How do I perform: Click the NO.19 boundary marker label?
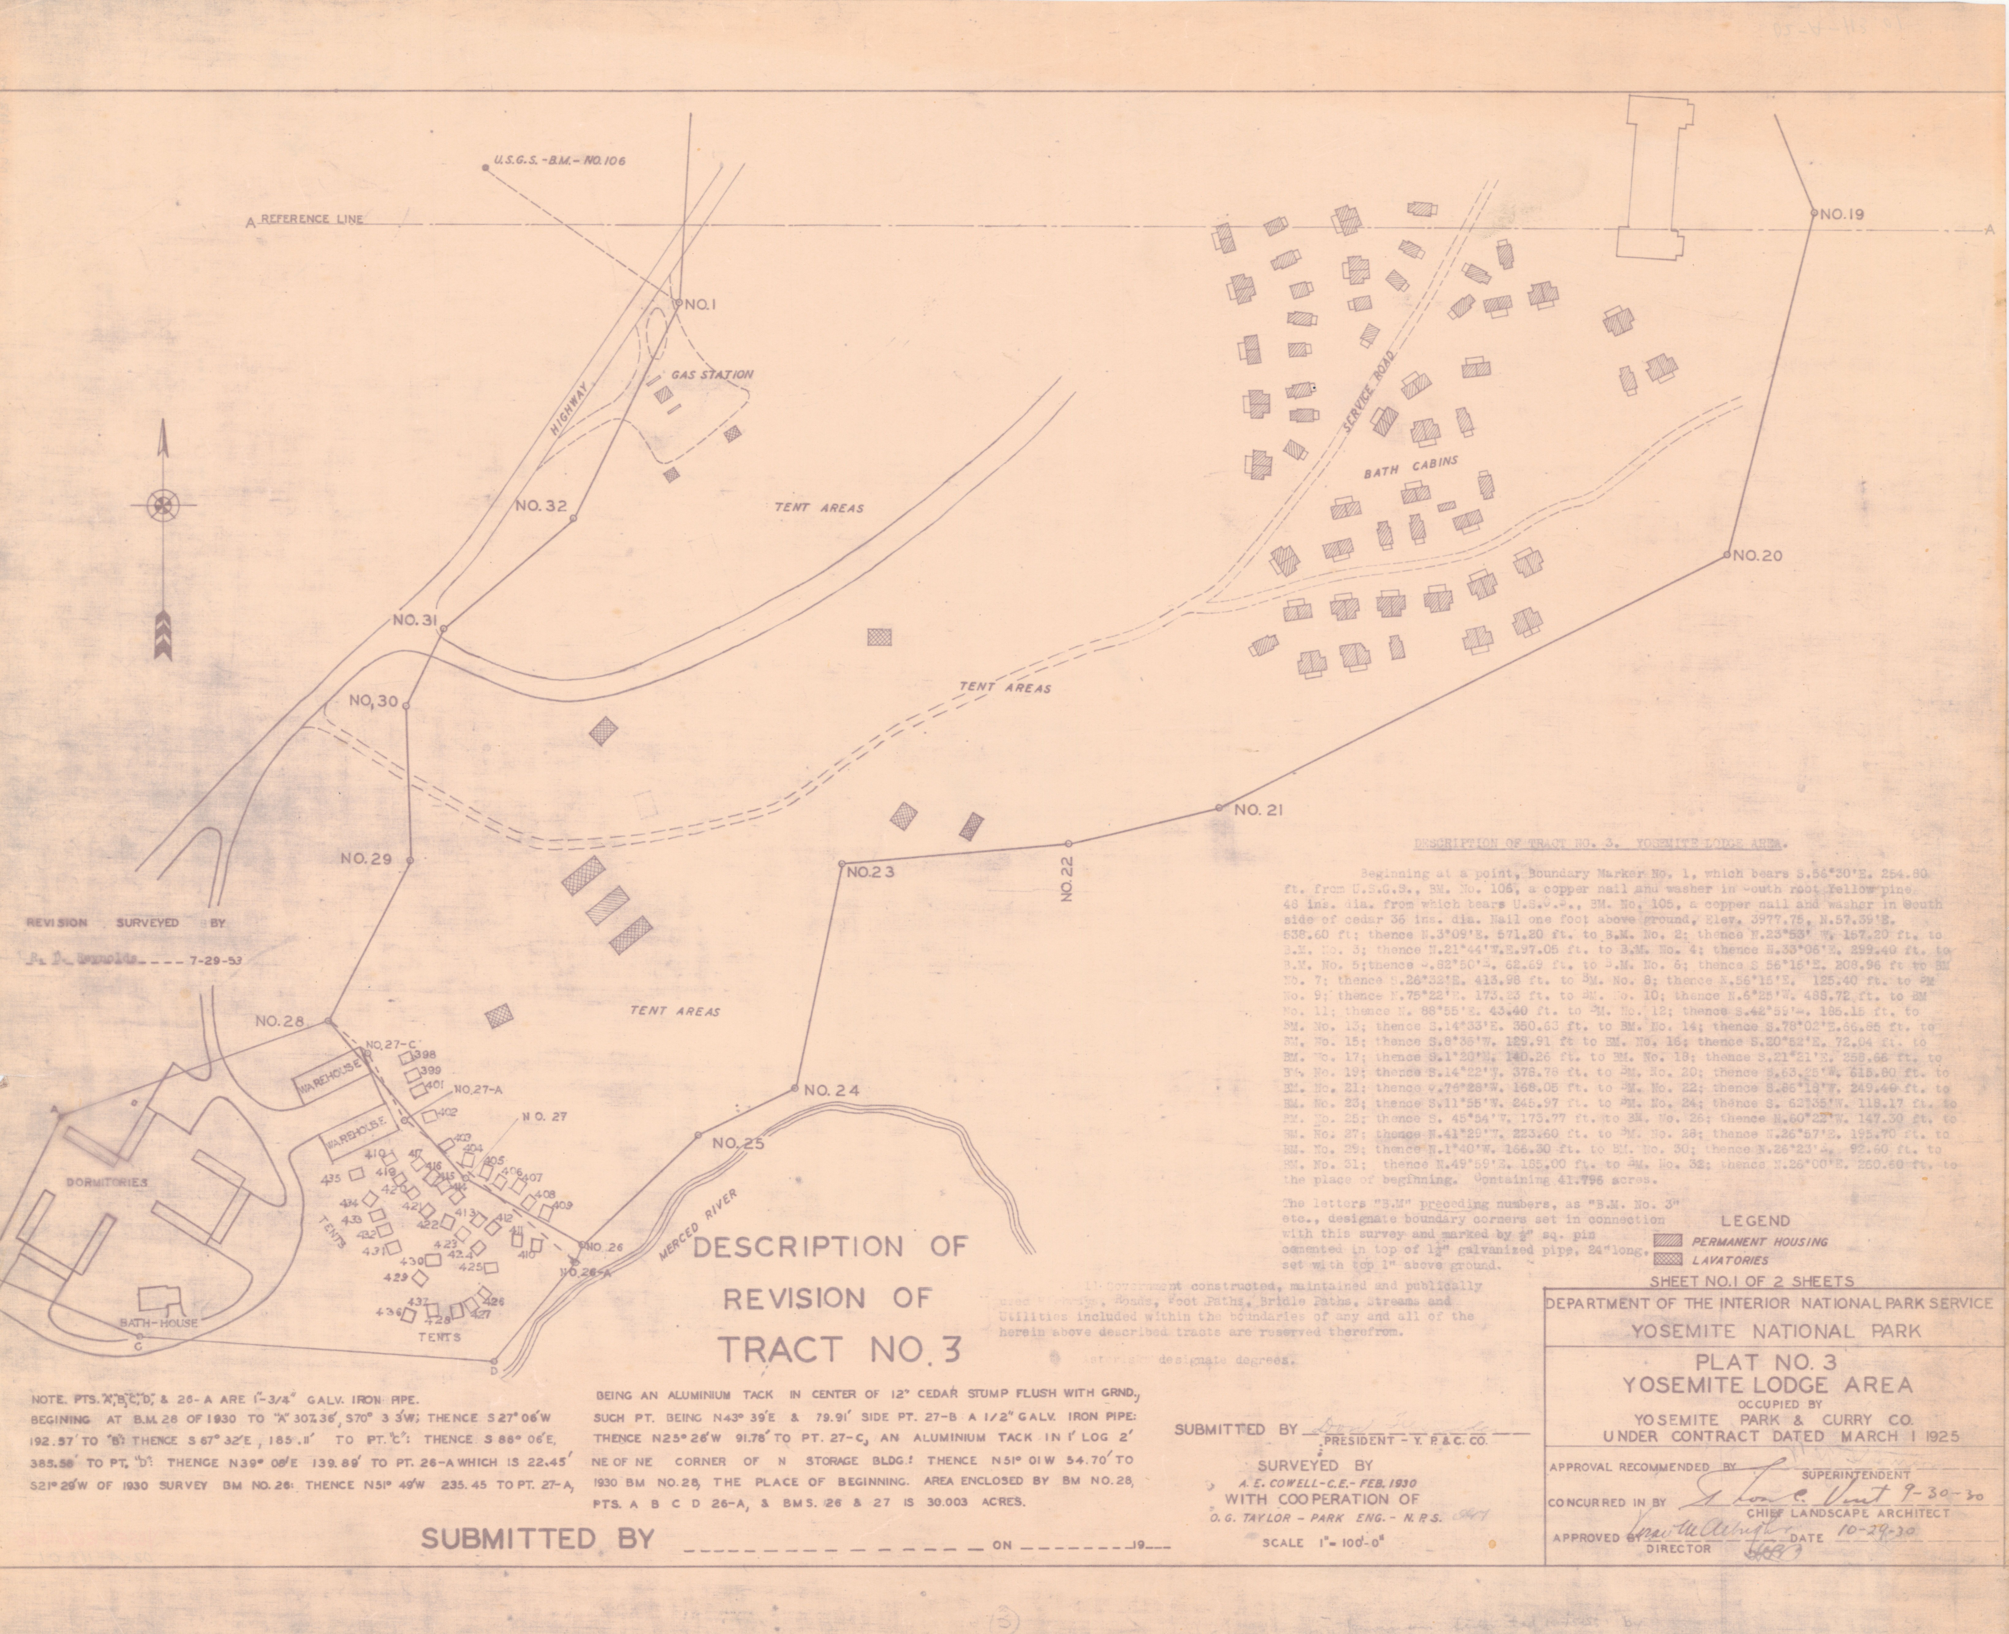pyautogui.click(x=1842, y=214)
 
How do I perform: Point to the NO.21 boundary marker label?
pyautogui.click(x=1259, y=809)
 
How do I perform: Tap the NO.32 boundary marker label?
pyautogui.click(x=541, y=505)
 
